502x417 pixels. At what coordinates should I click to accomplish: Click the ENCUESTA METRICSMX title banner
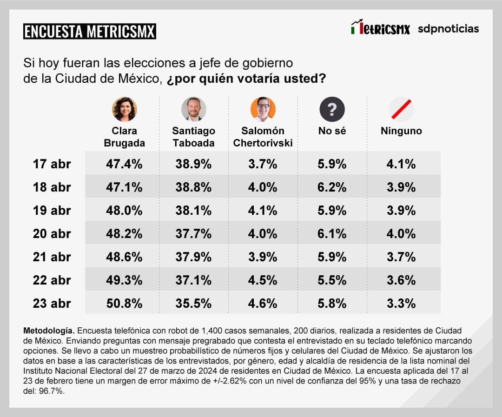coord(90,32)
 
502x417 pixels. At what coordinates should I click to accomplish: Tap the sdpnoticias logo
coord(448,29)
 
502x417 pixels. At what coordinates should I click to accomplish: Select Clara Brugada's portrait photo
coord(124,109)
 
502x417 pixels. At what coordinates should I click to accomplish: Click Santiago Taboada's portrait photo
coord(193,109)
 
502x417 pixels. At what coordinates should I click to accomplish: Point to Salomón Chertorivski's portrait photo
coord(263,109)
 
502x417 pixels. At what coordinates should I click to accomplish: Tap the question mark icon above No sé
coord(332,109)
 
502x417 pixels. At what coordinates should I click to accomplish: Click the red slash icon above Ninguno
coord(401,109)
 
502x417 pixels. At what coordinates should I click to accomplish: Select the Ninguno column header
coord(401,131)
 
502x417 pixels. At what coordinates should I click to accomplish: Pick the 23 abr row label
coord(52,304)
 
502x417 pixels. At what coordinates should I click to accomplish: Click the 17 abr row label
coord(52,164)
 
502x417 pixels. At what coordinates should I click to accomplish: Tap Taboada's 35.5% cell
coord(193,304)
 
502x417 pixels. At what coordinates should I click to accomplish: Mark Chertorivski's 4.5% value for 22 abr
coord(263,280)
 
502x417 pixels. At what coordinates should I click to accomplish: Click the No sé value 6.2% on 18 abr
coord(332,187)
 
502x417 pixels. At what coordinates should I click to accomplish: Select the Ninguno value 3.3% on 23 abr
coord(401,304)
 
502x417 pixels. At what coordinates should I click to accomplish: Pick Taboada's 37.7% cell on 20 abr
coord(193,234)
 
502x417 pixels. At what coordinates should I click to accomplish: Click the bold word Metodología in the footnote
coord(49,331)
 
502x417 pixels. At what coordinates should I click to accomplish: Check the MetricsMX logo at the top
coord(380,28)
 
